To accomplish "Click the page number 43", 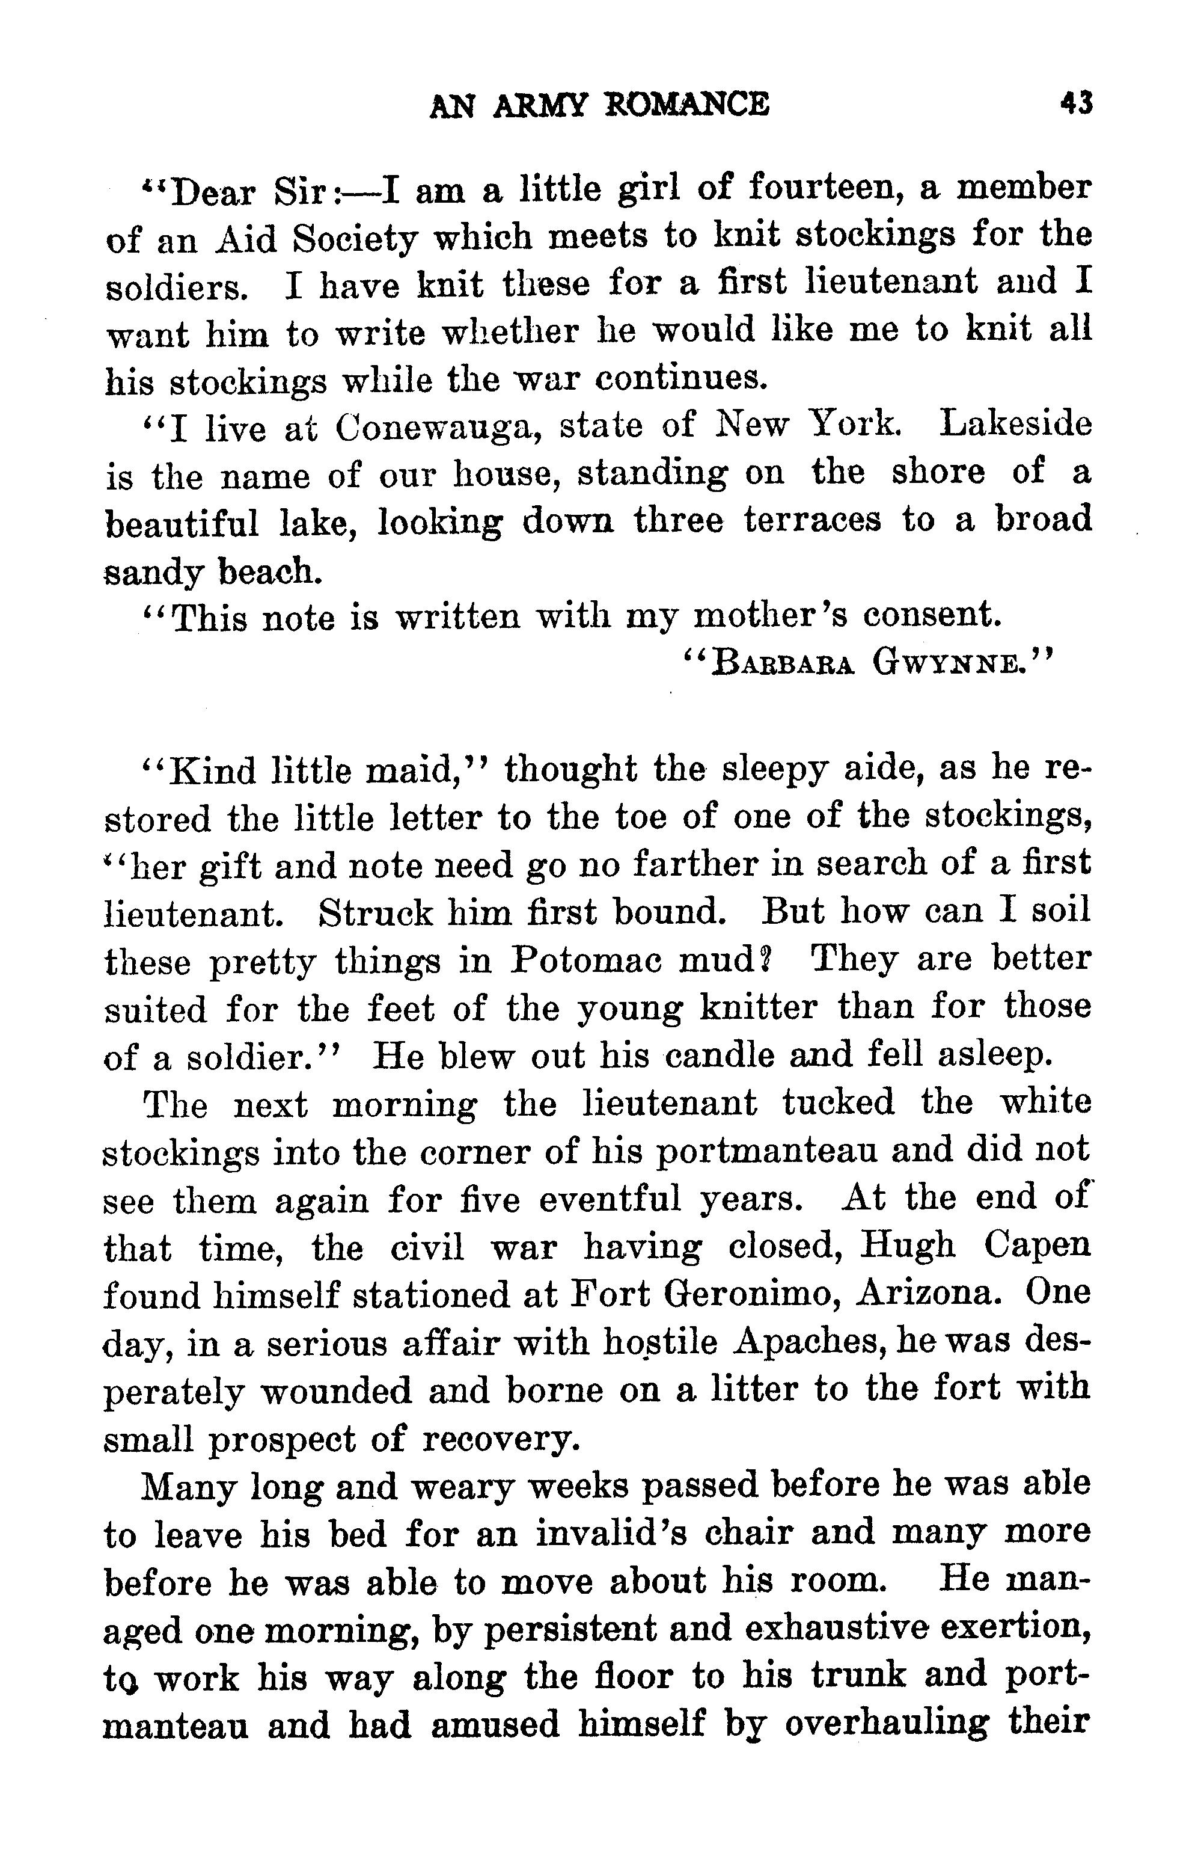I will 1076,103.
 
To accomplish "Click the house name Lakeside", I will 1015,425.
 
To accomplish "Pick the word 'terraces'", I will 813,520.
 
